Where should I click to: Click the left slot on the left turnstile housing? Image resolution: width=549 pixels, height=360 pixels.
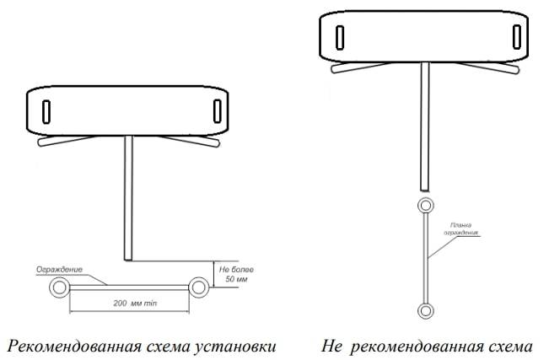[x=47, y=110]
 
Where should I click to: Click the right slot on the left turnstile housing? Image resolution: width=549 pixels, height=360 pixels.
[x=217, y=110]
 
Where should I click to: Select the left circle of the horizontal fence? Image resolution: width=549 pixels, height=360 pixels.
[x=60, y=287]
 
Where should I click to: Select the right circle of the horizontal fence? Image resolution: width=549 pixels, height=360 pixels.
[x=199, y=287]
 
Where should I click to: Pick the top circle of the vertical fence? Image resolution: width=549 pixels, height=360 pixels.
[x=426, y=205]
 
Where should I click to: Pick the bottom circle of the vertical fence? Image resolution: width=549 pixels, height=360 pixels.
[x=426, y=311]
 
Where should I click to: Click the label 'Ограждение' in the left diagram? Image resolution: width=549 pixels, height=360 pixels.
[x=59, y=269]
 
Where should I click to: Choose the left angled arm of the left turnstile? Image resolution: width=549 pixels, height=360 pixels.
[x=62, y=144]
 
